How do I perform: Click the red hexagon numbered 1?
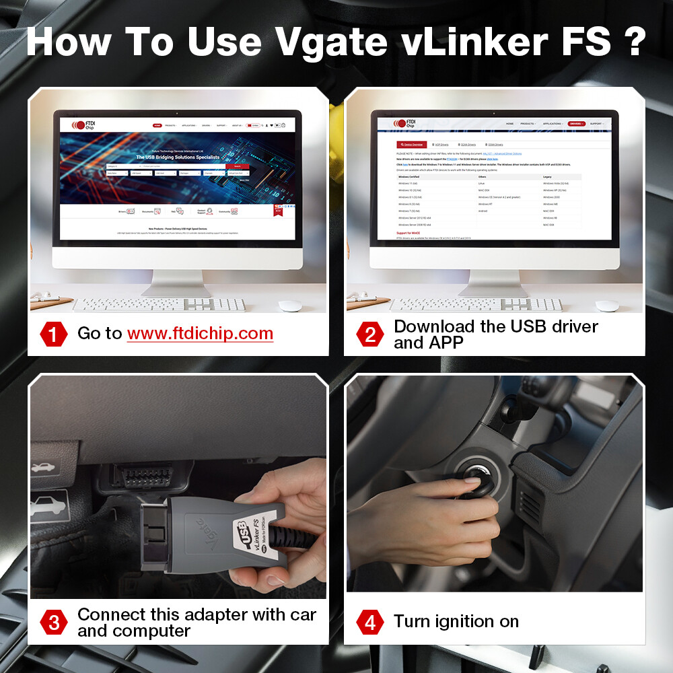pyautogui.click(x=54, y=334)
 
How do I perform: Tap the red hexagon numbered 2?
pyautogui.click(x=369, y=334)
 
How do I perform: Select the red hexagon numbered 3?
pyautogui.click(x=54, y=622)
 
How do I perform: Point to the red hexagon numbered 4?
pyautogui.click(x=369, y=622)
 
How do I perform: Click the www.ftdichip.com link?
pyautogui.click(x=200, y=333)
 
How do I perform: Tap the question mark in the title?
pyautogui.click(x=632, y=42)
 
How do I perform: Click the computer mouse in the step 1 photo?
pyautogui.click(x=290, y=306)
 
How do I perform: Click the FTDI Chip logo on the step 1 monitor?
pyautogui.click(x=79, y=125)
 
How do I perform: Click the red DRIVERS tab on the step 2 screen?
pyautogui.click(x=575, y=124)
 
